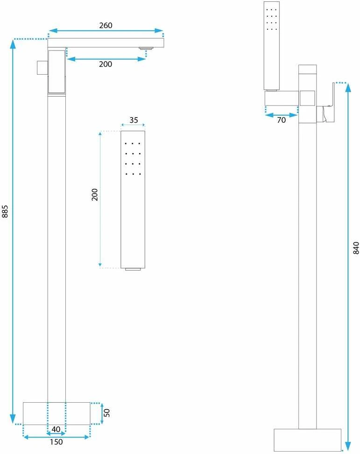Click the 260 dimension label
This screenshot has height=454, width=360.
(x=106, y=26)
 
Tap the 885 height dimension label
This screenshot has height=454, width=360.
(x=5, y=211)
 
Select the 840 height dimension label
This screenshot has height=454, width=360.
(x=356, y=248)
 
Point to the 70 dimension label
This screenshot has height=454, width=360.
(x=281, y=120)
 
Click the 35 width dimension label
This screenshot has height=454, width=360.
(x=134, y=120)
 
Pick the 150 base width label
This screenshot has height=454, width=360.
(x=56, y=442)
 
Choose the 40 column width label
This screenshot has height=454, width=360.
(x=56, y=429)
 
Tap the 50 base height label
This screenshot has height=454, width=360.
(x=106, y=413)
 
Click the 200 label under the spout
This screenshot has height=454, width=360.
(x=106, y=64)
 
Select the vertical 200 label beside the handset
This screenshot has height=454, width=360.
(x=94, y=195)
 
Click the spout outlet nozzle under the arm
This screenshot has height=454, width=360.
(x=146, y=49)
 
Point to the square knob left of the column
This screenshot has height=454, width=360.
(x=42, y=68)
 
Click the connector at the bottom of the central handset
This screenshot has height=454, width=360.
(x=133, y=269)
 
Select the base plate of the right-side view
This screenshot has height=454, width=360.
(x=308, y=440)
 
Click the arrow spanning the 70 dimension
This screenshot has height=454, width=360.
(x=281, y=115)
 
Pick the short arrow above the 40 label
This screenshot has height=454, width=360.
(x=56, y=433)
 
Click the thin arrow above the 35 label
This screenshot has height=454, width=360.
(x=133, y=125)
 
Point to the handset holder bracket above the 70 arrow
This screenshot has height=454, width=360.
(x=282, y=98)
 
